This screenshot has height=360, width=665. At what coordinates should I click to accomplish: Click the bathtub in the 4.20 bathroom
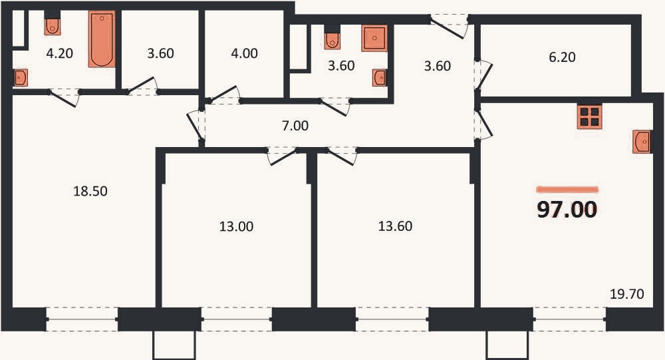pyautogui.click(x=102, y=39)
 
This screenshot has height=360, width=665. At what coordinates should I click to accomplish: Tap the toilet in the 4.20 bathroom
pyautogui.click(x=53, y=27)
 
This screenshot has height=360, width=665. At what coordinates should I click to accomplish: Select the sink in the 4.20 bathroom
pyautogui.click(x=20, y=78)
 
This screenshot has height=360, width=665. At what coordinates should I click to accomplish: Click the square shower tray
pyautogui.click(x=374, y=38)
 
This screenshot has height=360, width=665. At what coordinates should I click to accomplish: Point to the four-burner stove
pyautogui.click(x=589, y=116)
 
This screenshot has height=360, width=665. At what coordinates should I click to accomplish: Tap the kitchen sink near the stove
pyautogui.click(x=642, y=142)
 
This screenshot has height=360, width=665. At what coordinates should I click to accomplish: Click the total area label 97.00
pyautogui.click(x=567, y=210)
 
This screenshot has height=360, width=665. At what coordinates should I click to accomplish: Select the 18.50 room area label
pyautogui.click(x=90, y=191)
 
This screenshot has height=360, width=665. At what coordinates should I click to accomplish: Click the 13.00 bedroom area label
pyautogui.click(x=236, y=226)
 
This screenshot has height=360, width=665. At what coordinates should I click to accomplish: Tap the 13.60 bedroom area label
pyautogui.click(x=395, y=226)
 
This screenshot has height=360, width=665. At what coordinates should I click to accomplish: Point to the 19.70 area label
pyautogui.click(x=627, y=293)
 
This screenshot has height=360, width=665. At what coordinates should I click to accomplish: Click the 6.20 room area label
pyautogui.click(x=562, y=57)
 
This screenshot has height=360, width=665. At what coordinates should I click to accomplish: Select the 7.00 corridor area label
pyautogui.click(x=295, y=126)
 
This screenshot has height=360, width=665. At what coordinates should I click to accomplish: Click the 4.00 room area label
pyautogui.click(x=245, y=53)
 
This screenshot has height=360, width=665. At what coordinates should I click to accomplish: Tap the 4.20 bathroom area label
pyautogui.click(x=59, y=53)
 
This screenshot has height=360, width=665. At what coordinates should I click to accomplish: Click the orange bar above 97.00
pyautogui.click(x=567, y=190)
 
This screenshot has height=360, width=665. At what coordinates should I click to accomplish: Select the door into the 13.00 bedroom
pyautogui.click(x=283, y=156)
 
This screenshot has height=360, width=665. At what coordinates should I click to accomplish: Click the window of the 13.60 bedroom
pyautogui.click(x=392, y=319)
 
